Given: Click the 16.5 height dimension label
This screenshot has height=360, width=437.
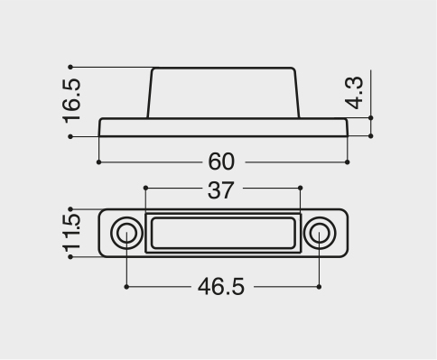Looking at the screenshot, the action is (x=72, y=101).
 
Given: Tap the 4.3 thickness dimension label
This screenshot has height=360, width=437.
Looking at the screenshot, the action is (x=354, y=93).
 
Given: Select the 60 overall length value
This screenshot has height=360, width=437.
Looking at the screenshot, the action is (x=221, y=162).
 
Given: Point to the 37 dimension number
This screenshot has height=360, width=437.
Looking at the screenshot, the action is (x=220, y=190).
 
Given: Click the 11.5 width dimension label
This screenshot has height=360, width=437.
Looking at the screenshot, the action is (x=72, y=233).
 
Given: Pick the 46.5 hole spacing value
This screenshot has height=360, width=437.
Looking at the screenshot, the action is (x=221, y=286).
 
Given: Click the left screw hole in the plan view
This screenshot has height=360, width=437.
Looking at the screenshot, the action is (x=126, y=233).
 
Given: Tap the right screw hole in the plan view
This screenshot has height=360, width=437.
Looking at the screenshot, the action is (x=320, y=233).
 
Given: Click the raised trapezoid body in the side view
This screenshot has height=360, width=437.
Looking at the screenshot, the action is (x=223, y=93).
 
